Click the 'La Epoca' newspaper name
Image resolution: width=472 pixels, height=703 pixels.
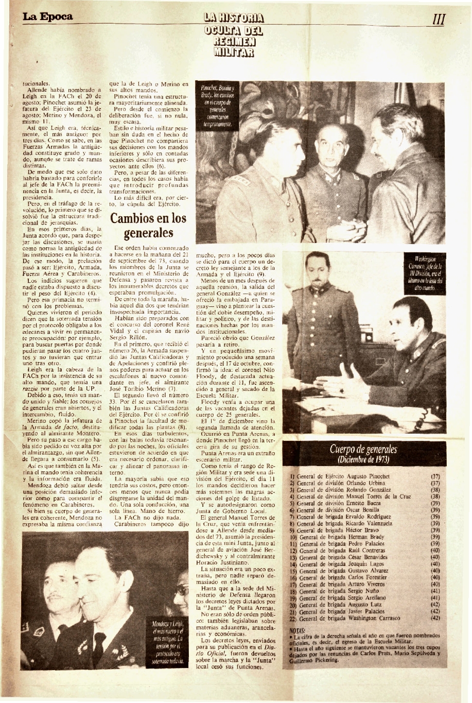click(47, 16)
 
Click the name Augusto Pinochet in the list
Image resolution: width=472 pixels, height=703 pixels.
click(369, 476)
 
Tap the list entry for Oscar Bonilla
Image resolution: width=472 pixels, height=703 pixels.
click(354, 510)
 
